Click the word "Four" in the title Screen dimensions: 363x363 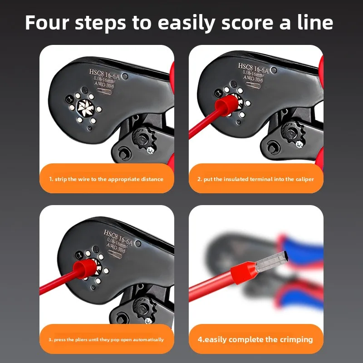[47, 22]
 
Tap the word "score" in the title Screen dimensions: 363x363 [247, 23]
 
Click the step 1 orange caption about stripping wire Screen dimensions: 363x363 [107, 178]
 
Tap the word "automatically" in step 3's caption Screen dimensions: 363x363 [148, 339]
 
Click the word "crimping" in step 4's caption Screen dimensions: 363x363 [296, 339]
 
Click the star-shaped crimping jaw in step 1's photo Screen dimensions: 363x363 [85, 108]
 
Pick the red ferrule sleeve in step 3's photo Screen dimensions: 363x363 [85, 269]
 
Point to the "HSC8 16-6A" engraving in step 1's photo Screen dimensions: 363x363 [104, 74]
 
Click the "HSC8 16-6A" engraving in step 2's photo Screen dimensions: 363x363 [253, 68]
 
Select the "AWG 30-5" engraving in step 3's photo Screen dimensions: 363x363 [116, 248]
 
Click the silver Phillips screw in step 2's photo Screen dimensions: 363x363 [299, 144]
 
